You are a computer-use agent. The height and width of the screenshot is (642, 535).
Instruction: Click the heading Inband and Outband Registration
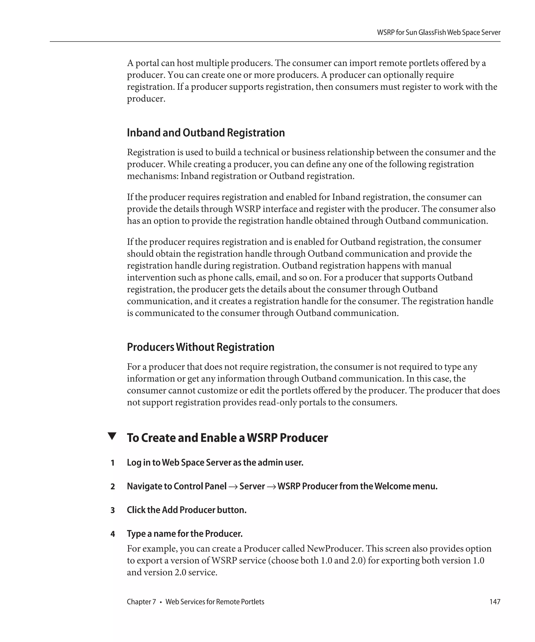click(206, 133)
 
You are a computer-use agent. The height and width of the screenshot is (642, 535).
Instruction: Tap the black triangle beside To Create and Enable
click(112, 436)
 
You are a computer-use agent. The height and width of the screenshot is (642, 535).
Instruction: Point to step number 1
click(113, 463)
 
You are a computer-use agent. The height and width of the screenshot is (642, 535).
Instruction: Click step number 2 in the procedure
click(113, 486)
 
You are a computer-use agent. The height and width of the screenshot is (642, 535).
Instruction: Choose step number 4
click(113, 534)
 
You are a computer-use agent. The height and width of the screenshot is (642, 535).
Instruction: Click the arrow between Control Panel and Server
click(233, 487)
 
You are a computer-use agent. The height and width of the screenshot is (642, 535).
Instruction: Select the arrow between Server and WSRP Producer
click(271, 487)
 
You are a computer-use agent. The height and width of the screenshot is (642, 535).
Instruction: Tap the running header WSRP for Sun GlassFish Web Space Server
click(439, 33)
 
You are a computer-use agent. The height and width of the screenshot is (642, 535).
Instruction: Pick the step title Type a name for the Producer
click(185, 534)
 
